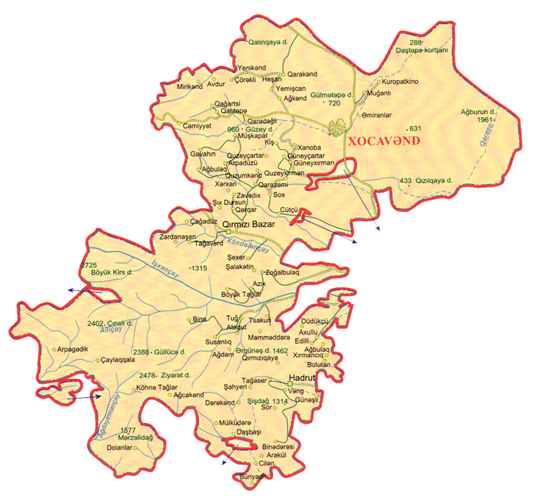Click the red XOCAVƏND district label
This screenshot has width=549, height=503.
[384, 140]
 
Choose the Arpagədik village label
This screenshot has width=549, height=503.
[72, 349]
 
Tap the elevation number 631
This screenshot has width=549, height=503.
[415, 128]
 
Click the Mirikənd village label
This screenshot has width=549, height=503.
[190, 86]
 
